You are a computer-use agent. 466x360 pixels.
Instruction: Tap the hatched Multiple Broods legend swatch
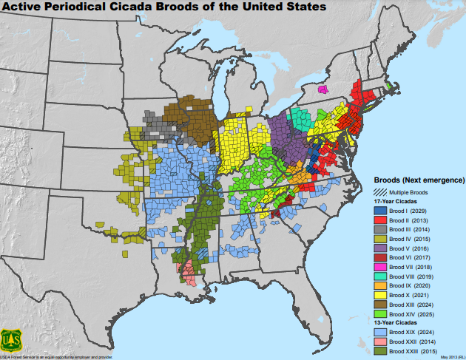(x=378, y=192)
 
